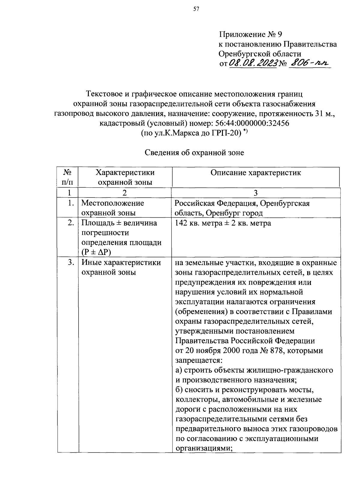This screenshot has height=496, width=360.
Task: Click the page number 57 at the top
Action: point(196,9)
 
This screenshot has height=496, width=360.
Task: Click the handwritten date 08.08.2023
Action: point(253,63)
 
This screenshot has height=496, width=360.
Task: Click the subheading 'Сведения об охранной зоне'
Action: point(194,153)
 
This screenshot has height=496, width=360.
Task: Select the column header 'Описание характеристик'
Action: point(256,173)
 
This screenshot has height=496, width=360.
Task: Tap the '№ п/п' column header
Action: point(67,177)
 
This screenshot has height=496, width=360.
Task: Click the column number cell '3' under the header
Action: point(256,193)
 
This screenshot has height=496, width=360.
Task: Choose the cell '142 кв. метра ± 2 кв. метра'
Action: point(223,223)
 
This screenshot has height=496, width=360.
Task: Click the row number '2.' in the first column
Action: point(70,223)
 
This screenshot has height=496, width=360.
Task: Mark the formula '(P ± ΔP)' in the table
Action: point(96,252)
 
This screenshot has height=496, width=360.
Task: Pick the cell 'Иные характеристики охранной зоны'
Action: point(121,267)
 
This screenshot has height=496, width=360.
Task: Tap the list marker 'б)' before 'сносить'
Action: point(179,390)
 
